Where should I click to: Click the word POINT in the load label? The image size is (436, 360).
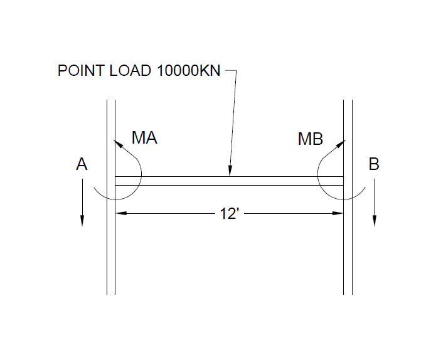77,70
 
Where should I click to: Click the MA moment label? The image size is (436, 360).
144,139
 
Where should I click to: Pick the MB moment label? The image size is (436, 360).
310,139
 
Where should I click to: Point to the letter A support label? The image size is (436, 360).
82,165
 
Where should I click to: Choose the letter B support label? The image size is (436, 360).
374,165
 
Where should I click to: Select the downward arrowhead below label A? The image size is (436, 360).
82,220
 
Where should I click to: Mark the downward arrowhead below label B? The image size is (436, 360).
375,220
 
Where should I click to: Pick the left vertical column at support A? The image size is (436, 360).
111,251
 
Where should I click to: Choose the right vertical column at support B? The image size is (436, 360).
348,251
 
